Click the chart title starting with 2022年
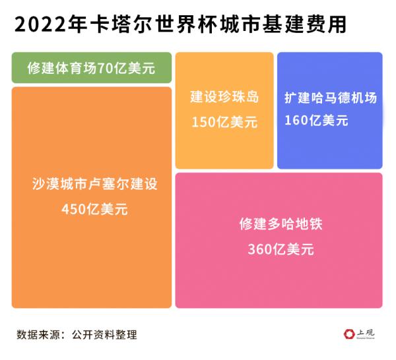point(180,25)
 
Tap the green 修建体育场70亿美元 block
point(92,68)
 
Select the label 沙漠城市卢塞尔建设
point(94,184)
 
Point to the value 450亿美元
point(94,210)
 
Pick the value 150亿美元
point(224,122)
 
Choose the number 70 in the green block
point(105,68)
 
